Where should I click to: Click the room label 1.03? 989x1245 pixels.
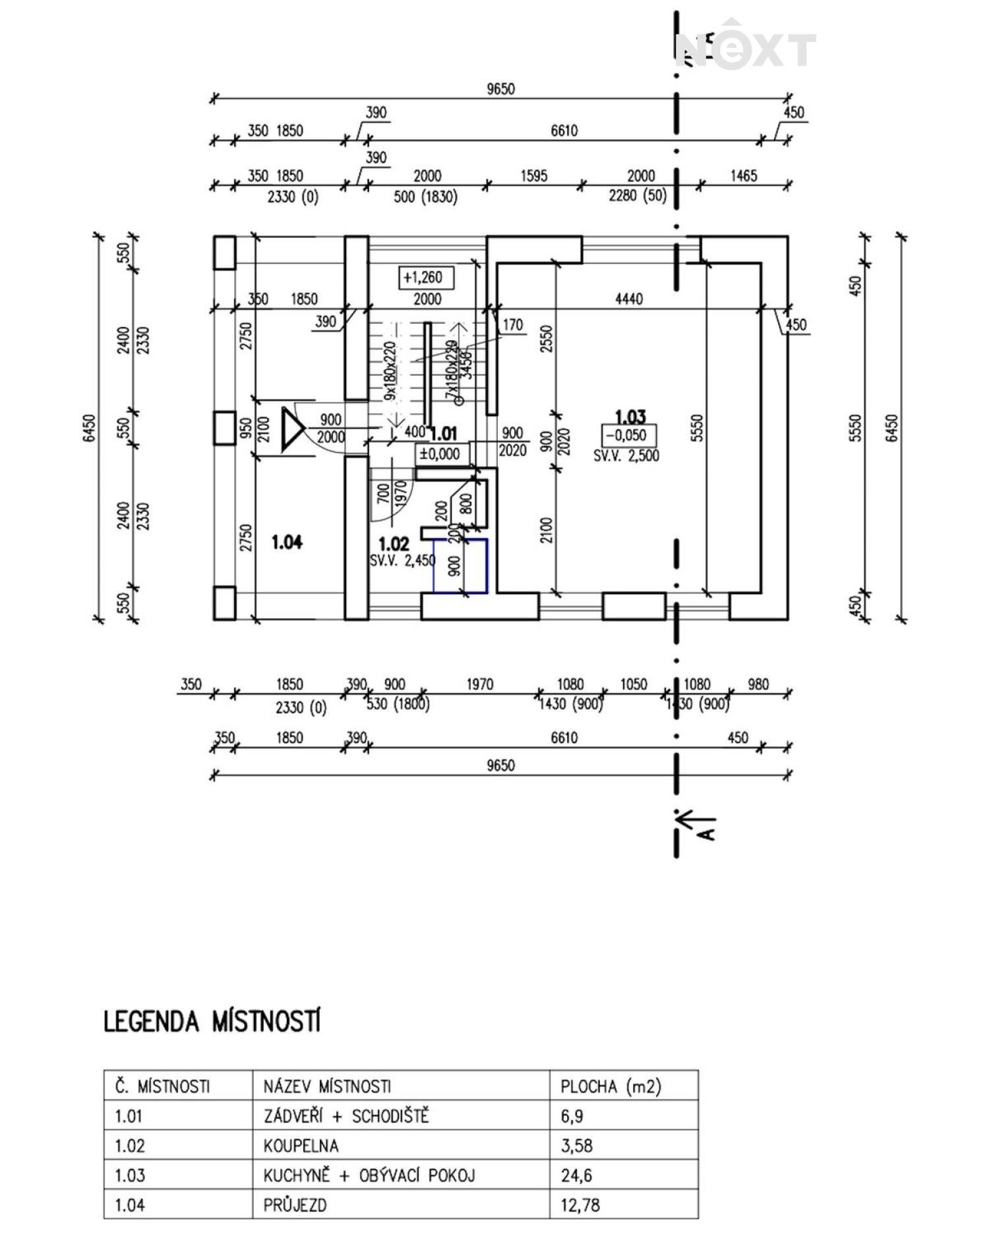(630, 417)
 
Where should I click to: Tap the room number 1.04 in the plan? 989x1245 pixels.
(287, 542)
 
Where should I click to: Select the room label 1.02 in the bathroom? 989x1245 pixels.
(394, 544)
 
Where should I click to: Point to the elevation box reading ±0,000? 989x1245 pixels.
(441, 454)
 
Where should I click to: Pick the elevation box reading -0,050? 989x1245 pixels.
(628, 436)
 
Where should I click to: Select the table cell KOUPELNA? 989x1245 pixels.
(301, 1145)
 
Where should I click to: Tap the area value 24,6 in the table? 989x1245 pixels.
(572, 1175)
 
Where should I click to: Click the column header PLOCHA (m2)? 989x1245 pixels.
(610, 1086)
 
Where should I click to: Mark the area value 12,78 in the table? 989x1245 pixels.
(580, 1205)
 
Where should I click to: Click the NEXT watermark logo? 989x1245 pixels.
(745, 49)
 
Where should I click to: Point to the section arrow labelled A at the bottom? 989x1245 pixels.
(696, 823)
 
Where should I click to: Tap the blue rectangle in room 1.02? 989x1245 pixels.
(460, 566)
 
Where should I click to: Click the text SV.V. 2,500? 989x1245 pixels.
(626, 456)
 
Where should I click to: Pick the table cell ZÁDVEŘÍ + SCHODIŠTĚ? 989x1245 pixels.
(345, 1116)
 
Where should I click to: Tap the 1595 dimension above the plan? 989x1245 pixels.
(533, 176)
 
